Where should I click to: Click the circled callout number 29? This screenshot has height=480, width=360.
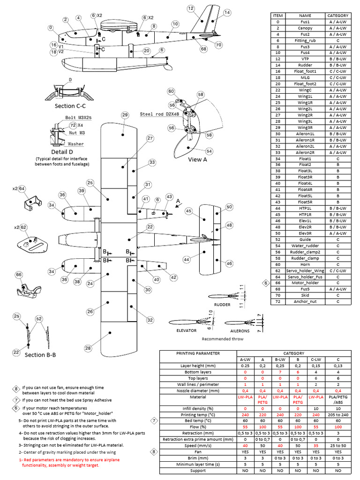click(125, 115)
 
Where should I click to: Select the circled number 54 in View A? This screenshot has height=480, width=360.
click(209, 151)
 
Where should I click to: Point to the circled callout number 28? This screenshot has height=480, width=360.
click(88, 348)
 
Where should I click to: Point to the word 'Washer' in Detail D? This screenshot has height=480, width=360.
click(76, 144)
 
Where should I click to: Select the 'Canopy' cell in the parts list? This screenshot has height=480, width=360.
click(305, 28)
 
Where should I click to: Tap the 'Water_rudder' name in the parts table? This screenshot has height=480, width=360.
click(305, 246)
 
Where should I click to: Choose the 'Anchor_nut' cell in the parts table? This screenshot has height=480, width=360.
click(305, 301)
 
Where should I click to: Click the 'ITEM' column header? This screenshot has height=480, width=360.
click(278, 16)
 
